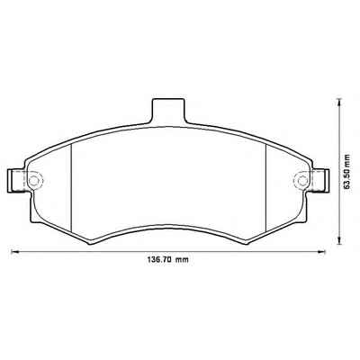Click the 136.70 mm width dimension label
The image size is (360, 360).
coord(167,260)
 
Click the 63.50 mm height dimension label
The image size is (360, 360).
coord(347,172)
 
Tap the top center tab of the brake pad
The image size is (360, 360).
coord(168,111)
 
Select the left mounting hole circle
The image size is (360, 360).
coord(34,181)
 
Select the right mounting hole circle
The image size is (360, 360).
coord(302,181)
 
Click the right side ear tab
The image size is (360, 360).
coord(318,181)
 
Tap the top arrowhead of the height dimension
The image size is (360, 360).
coord(338,103)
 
